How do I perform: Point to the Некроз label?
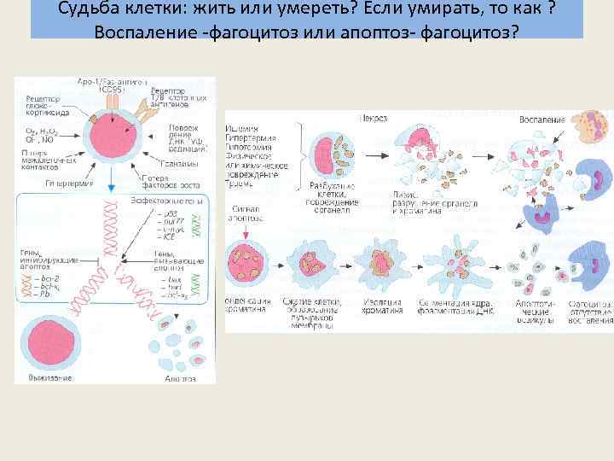[x=376, y=119]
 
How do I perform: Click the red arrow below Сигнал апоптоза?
[x=247, y=230]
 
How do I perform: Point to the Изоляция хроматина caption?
[x=386, y=305]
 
